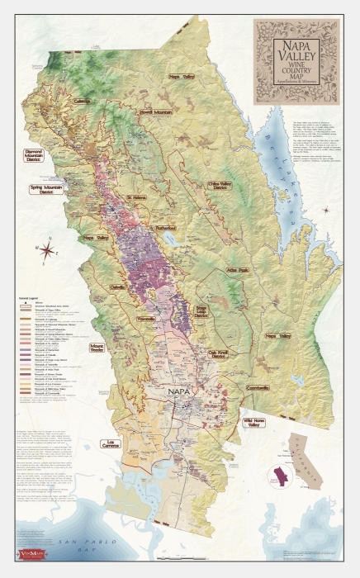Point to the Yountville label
147,319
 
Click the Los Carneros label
111,444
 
